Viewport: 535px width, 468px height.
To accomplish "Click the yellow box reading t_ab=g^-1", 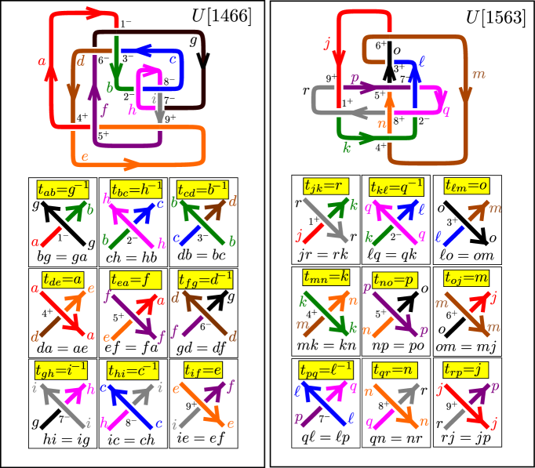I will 63,189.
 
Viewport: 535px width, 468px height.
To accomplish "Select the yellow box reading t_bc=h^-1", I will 136,189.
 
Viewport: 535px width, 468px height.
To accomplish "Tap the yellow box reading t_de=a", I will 64,280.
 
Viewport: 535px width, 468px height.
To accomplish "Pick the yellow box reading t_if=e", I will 203,369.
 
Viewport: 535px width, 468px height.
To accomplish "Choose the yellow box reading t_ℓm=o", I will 467,187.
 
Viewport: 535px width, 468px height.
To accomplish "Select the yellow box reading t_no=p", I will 395,279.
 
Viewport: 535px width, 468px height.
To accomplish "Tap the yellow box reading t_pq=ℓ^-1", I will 326,369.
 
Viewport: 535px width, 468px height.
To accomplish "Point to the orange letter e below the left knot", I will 84,157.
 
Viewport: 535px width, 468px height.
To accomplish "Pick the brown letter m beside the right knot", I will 479,74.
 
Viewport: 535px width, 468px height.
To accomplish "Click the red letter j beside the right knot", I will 327,43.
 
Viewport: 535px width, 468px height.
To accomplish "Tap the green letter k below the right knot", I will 346,147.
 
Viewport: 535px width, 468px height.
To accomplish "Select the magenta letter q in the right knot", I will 446,110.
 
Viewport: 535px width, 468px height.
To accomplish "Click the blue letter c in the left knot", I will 173,59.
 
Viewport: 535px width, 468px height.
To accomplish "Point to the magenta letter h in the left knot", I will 132,111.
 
